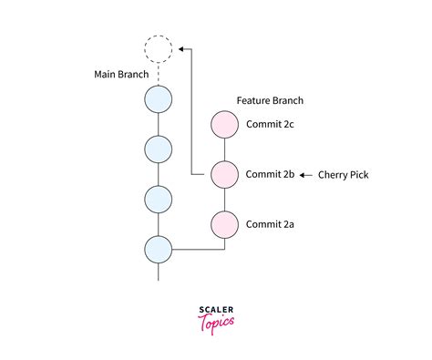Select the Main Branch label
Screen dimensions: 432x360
click(122, 74)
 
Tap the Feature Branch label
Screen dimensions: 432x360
click(270, 100)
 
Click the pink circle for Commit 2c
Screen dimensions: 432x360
click(224, 124)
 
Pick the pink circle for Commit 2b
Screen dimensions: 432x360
click(224, 173)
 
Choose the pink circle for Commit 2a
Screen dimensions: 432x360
click(224, 222)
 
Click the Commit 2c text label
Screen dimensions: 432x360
click(270, 124)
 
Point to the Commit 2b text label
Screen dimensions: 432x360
click(270, 173)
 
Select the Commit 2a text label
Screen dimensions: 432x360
click(270, 222)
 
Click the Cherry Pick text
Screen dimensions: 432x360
click(344, 174)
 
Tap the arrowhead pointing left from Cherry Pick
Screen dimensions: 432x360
click(305, 173)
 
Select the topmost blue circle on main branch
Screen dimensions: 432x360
click(159, 98)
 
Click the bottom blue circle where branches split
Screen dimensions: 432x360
click(159, 248)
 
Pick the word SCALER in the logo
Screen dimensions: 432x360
click(216, 310)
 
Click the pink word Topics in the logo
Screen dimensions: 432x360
click(217, 322)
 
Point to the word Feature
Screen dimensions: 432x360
click(255, 100)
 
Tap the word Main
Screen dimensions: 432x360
click(107, 74)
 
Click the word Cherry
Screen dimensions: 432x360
click(334, 174)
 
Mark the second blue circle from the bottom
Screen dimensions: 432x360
click(159, 198)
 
